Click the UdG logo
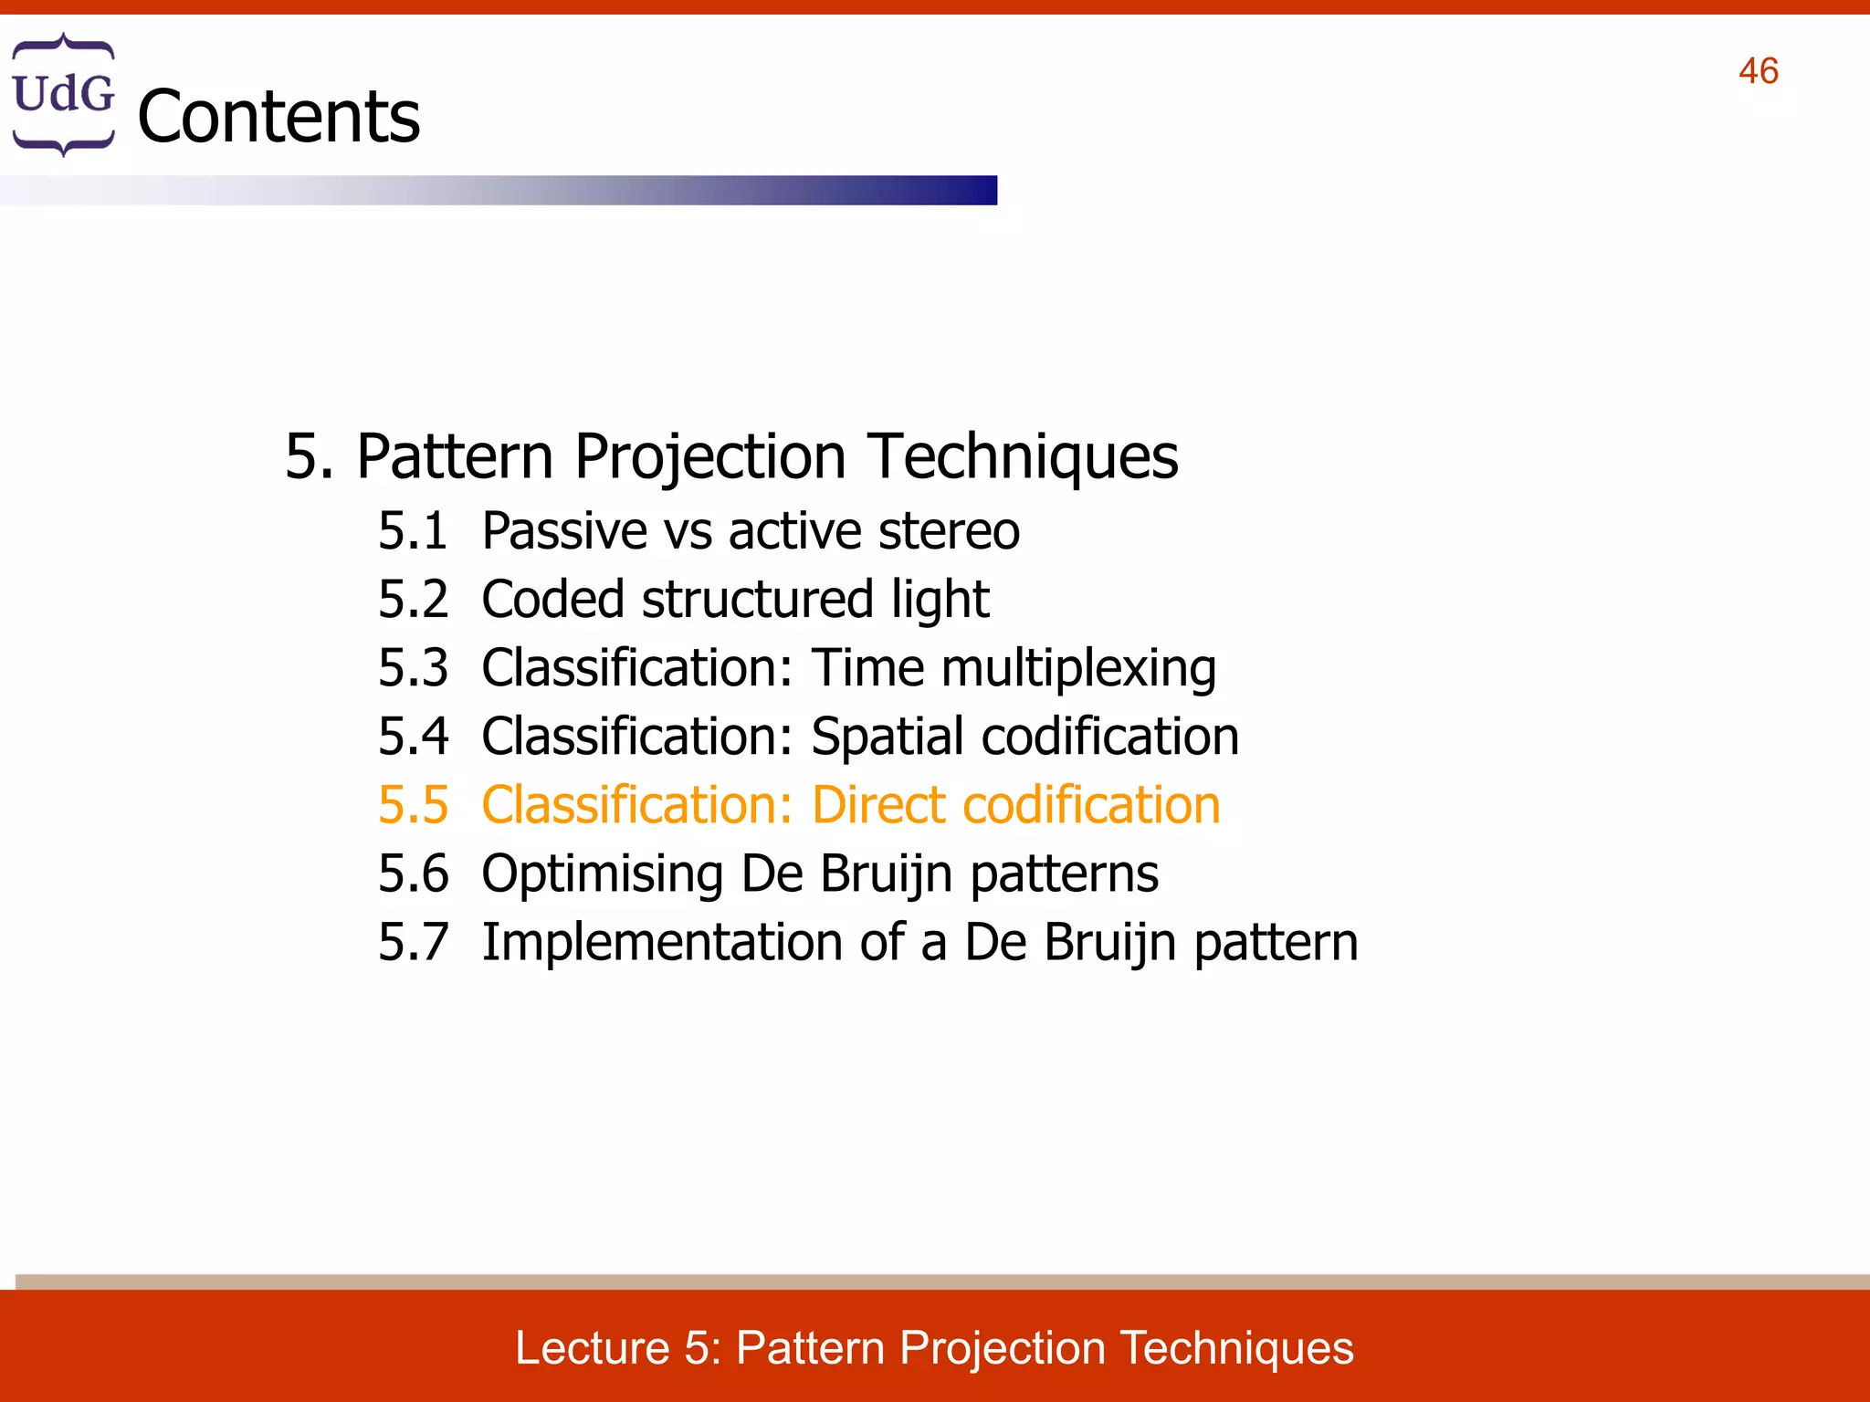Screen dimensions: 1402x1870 63,95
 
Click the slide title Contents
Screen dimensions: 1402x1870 278,117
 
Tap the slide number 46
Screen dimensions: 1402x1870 1758,71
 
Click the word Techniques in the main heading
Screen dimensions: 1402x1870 1023,456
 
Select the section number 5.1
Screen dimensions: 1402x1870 413,531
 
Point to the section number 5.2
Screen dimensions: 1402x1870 413,600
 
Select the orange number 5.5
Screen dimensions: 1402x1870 413,805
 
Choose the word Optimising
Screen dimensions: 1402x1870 603,874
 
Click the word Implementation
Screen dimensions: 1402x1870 662,942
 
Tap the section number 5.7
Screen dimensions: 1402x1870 413,942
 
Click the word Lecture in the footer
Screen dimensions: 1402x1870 593,1348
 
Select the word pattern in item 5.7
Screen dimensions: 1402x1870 1276,944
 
